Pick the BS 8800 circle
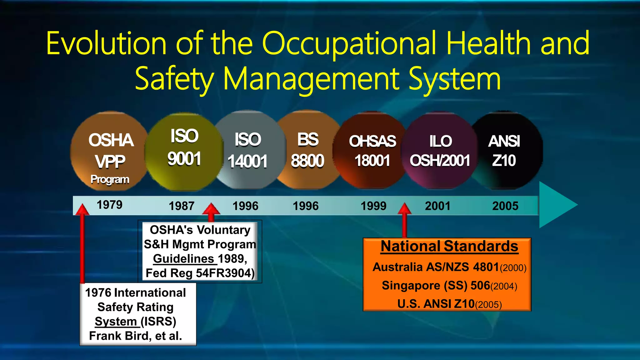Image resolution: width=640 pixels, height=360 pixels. pos(308,151)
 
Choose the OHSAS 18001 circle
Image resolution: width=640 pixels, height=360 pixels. pos(372,151)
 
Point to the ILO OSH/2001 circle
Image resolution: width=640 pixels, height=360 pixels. pos(440,151)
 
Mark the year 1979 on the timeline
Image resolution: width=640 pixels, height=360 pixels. pos(109,205)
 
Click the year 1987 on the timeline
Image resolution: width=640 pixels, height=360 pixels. pos(181,206)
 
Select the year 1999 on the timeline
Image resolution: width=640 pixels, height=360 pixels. pos(373,206)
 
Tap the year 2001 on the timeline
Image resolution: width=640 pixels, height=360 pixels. pos(437,206)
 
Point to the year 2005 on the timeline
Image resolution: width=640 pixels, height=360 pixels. pos(505,206)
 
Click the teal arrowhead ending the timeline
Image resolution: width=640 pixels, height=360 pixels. pos(556,205)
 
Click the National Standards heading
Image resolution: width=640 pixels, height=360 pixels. pos(449,246)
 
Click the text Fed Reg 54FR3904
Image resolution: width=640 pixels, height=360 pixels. pos(200,273)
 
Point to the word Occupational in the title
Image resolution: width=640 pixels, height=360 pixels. pos(349,44)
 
